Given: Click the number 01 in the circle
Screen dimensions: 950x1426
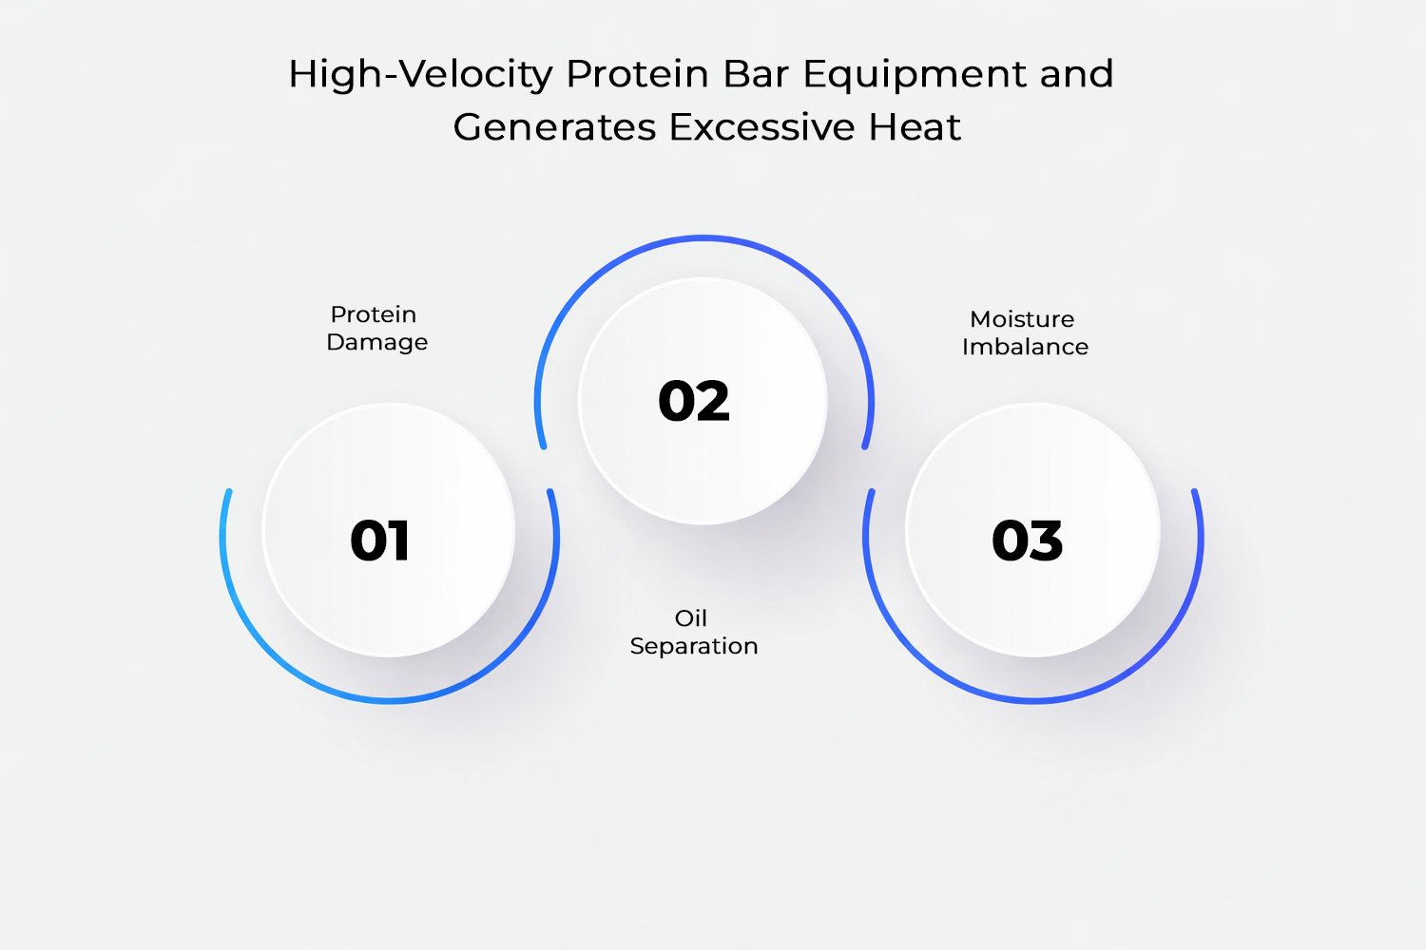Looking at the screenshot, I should [380, 541].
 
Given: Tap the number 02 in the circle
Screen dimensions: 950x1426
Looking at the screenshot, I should [694, 401].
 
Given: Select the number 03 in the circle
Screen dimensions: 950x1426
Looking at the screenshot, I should [1027, 541].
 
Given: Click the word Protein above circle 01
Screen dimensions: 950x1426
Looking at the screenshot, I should [374, 314].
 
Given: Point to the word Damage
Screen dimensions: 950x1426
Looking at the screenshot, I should [376, 342].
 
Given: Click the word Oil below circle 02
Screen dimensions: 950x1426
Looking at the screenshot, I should [691, 618].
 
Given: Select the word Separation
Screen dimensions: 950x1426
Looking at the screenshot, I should [694, 646].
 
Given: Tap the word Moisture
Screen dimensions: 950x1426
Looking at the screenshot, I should [1022, 319].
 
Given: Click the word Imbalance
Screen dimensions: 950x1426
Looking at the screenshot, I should [1025, 347].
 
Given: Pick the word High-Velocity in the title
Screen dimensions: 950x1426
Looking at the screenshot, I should [420, 74].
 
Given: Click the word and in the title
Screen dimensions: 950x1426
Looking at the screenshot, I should [1076, 74].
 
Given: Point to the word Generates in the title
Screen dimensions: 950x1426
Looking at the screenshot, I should [554, 127].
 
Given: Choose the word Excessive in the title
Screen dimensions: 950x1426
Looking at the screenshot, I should [761, 127].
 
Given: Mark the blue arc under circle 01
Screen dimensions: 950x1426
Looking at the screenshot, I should [390, 701].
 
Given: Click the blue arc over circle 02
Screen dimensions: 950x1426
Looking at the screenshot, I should [703, 237].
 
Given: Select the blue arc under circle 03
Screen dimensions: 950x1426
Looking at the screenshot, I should [1033, 701].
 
